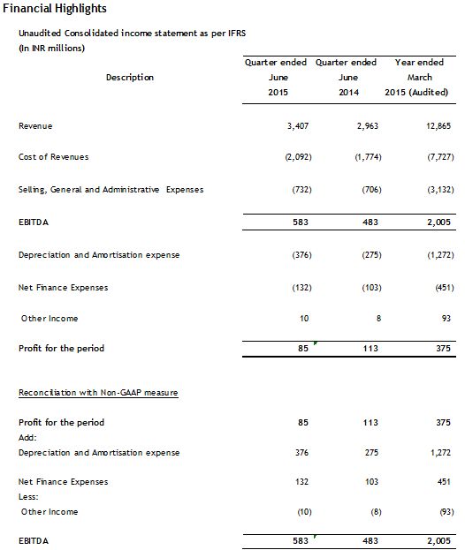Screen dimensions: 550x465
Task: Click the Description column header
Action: [x=130, y=78]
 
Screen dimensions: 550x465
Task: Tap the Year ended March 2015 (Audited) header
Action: [x=419, y=78]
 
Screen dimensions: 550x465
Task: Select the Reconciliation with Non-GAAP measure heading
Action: [x=98, y=391]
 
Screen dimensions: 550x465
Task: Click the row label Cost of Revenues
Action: [x=53, y=157]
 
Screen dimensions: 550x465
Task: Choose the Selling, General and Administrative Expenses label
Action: [x=111, y=190]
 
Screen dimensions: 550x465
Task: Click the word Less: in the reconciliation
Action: [x=29, y=496]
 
